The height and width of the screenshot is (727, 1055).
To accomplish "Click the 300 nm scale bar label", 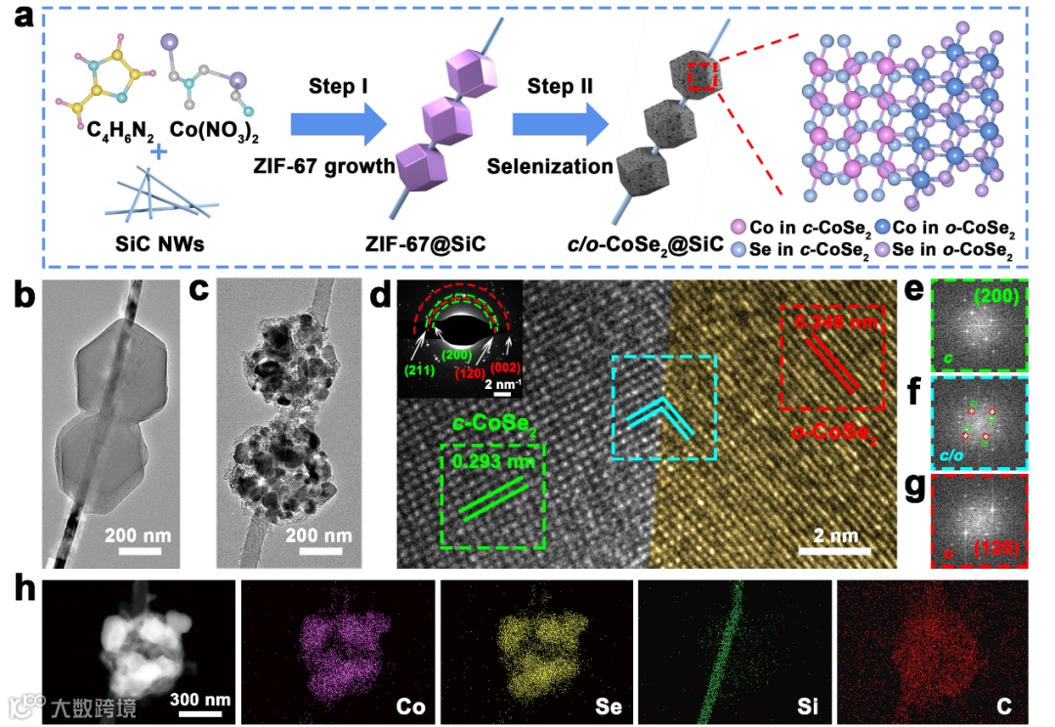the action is pyautogui.click(x=204, y=700).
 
